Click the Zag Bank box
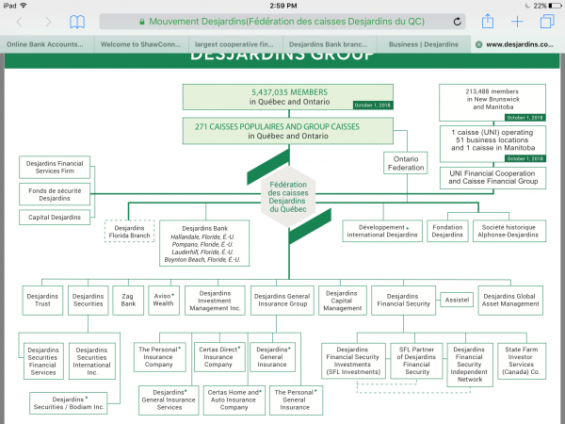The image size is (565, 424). [x=128, y=301]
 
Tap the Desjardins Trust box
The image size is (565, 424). [x=42, y=301]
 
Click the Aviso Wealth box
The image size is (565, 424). [x=163, y=301]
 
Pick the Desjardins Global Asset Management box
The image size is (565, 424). [x=511, y=301]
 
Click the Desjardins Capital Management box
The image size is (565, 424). [x=343, y=301]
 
